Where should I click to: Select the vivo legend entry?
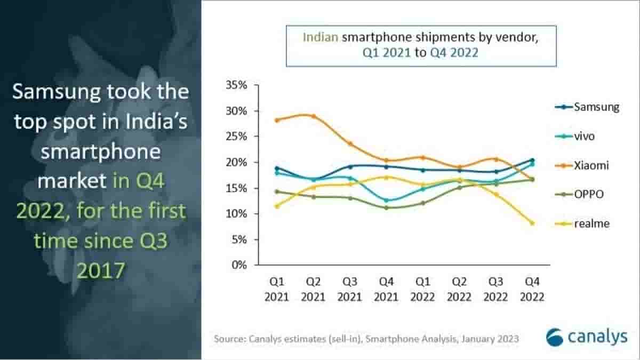coord(584,136)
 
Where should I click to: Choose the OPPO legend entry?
coord(589,195)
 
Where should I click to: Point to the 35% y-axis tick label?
coord(236,85)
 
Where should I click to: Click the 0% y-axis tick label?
coord(239,265)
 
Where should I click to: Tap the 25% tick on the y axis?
coord(236,137)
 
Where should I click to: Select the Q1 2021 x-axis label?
coord(276,289)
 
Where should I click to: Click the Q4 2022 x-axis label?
coord(531,289)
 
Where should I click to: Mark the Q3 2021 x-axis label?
coord(349,289)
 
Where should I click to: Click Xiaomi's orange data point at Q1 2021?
coord(276,120)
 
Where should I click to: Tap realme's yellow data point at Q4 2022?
coord(531,223)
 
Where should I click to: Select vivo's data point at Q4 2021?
coord(386,201)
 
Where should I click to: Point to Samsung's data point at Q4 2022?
coord(531,160)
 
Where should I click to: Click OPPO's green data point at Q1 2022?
coord(422,203)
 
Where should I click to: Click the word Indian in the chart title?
coord(320,37)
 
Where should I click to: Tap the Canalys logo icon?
coord(554,337)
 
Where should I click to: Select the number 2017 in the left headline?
coord(101,270)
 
